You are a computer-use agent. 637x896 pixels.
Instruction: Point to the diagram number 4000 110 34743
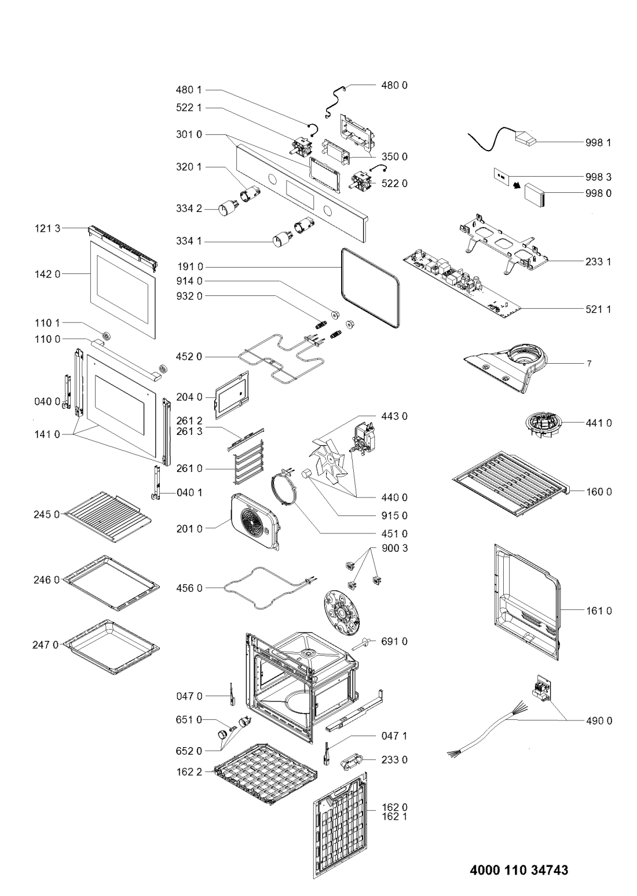click(x=518, y=870)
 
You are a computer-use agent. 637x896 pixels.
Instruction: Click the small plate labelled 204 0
click(x=232, y=395)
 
